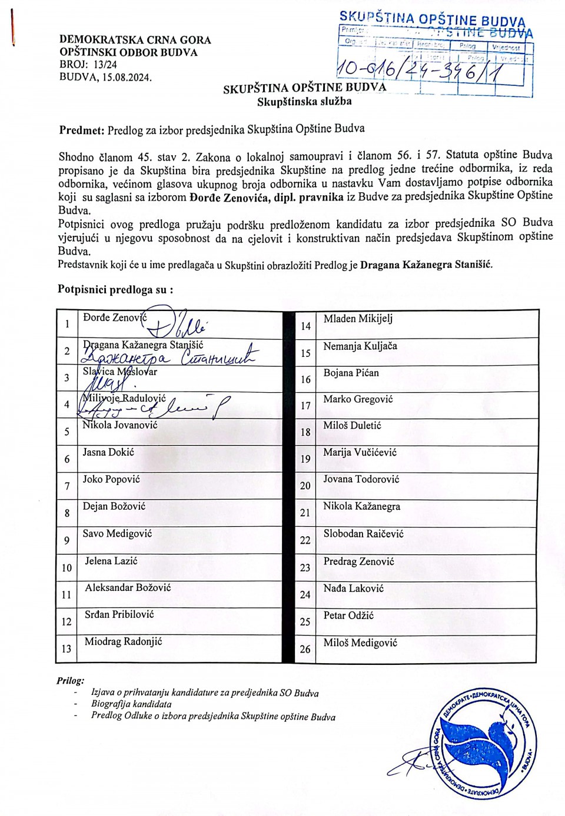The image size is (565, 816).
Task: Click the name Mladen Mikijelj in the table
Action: tap(358, 319)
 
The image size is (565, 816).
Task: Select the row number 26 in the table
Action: tap(305, 649)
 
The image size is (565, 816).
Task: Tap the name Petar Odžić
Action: tap(348, 616)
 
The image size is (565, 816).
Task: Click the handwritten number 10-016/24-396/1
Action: tap(429, 70)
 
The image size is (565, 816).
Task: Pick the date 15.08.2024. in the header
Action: tap(127, 77)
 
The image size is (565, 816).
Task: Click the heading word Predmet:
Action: tap(81, 130)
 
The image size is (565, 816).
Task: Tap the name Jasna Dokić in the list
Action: tap(108, 452)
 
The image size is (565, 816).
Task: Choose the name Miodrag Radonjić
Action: tap(123, 641)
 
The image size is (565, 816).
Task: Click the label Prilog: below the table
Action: tap(71, 681)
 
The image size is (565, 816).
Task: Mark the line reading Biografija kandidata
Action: tap(131, 704)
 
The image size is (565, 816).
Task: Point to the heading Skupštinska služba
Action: tap(304, 101)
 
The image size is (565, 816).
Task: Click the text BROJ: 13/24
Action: tap(88, 65)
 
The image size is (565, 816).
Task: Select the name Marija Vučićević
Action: tap(360, 452)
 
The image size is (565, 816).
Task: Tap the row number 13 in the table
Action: tap(67, 648)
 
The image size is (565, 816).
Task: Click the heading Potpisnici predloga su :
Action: tap(115, 289)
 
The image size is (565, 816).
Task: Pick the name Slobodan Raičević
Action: tap(363, 534)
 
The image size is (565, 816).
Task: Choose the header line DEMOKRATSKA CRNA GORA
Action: tap(135, 40)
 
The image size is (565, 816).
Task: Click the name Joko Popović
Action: tap(111, 479)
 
